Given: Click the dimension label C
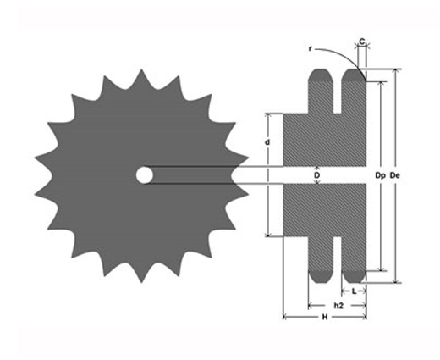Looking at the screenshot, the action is click(x=362, y=42).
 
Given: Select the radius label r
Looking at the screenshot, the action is click(x=311, y=49).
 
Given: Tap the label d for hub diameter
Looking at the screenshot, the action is click(x=267, y=142).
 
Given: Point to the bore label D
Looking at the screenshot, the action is click(x=317, y=175).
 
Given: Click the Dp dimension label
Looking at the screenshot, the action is click(x=380, y=175).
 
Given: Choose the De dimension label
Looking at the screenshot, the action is click(x=394, y=175).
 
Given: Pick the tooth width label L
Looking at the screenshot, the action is click(x=355, y=291).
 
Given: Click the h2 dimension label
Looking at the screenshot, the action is click(x=338, y=306).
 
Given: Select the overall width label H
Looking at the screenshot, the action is click(x=325, y=317).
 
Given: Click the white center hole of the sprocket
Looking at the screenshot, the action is click(x=144, y=175).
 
